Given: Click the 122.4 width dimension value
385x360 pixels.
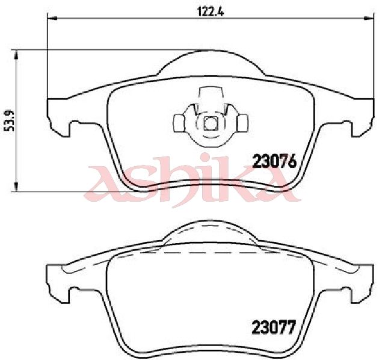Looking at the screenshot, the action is pos(211,11).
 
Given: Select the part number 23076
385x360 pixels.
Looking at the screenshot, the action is pos(275,162).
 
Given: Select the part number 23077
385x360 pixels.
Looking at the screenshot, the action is pos(273,327).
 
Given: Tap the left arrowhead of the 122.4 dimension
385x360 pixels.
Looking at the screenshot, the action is pos(52,18).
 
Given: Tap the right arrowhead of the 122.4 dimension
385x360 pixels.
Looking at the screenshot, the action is pos(369,18).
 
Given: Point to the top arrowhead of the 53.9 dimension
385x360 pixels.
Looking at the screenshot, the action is pos(16,55).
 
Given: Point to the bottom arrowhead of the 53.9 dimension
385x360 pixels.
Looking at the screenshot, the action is pos(16,187).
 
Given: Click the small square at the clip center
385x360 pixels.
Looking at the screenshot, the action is pos(211,123).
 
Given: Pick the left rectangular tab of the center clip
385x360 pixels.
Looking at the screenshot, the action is pos(179,123).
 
